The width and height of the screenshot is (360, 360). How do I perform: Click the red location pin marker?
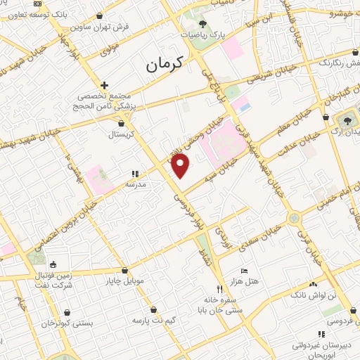(181, 166)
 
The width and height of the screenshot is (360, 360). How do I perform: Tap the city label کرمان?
(164, 65)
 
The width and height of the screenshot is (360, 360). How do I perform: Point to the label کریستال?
(122, 134)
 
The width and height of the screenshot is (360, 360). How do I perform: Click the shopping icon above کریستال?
(122, 123)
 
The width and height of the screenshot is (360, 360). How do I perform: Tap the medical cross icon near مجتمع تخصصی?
(104, 84)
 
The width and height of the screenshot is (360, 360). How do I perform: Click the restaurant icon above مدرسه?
(134, 173)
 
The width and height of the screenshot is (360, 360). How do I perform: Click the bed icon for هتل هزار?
(244, 271)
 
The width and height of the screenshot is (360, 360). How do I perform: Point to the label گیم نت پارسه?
(153, 320)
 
